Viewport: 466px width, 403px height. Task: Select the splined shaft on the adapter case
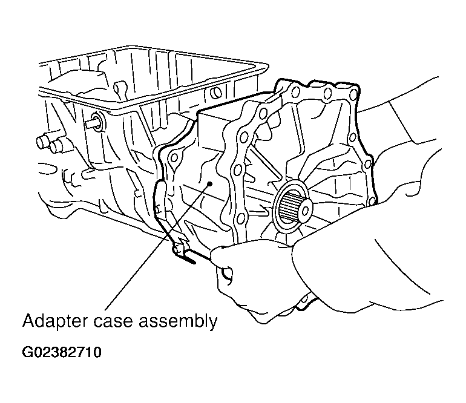tap(293, 206)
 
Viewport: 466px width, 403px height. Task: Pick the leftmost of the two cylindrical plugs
tap(42, 142)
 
